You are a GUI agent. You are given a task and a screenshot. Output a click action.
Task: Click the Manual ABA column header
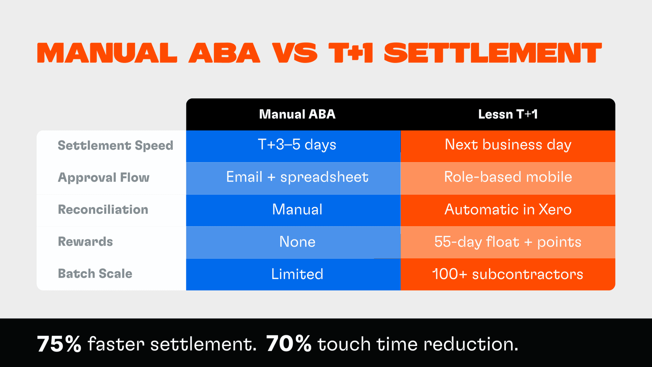click(297, 114)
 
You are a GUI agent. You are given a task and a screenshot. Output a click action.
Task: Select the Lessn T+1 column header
click(508, 114)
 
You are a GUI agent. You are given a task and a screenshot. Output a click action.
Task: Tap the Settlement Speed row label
click(115, 146)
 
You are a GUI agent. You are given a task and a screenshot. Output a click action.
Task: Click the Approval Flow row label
click(103, 177)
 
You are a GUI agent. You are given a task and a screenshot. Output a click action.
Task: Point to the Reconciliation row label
click(103, 210)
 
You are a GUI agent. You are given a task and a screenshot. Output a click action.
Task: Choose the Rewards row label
click(85, 241)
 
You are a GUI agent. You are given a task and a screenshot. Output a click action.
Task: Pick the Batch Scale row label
click(95, 274)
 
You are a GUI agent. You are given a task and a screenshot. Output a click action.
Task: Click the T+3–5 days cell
click(297, 145)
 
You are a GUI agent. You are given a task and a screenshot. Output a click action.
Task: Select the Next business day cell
click(508, 145)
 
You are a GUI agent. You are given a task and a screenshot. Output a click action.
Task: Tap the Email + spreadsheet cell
click(297, 177)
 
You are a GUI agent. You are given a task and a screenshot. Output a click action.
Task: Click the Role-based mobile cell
click(508, 177)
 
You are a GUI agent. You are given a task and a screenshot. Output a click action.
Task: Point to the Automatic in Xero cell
click(508, 210)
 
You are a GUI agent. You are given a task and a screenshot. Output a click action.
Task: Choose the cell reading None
click(297, 242)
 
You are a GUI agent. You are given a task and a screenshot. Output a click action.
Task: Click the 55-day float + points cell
click(508, 242)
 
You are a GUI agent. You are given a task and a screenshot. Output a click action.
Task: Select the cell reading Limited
click(297, 274)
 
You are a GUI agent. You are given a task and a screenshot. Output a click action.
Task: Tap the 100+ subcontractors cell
click(508, 274)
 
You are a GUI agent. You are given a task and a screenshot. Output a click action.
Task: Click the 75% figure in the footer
click(59, 344)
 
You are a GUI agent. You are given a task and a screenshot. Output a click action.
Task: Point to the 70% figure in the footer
click(288, 344)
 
